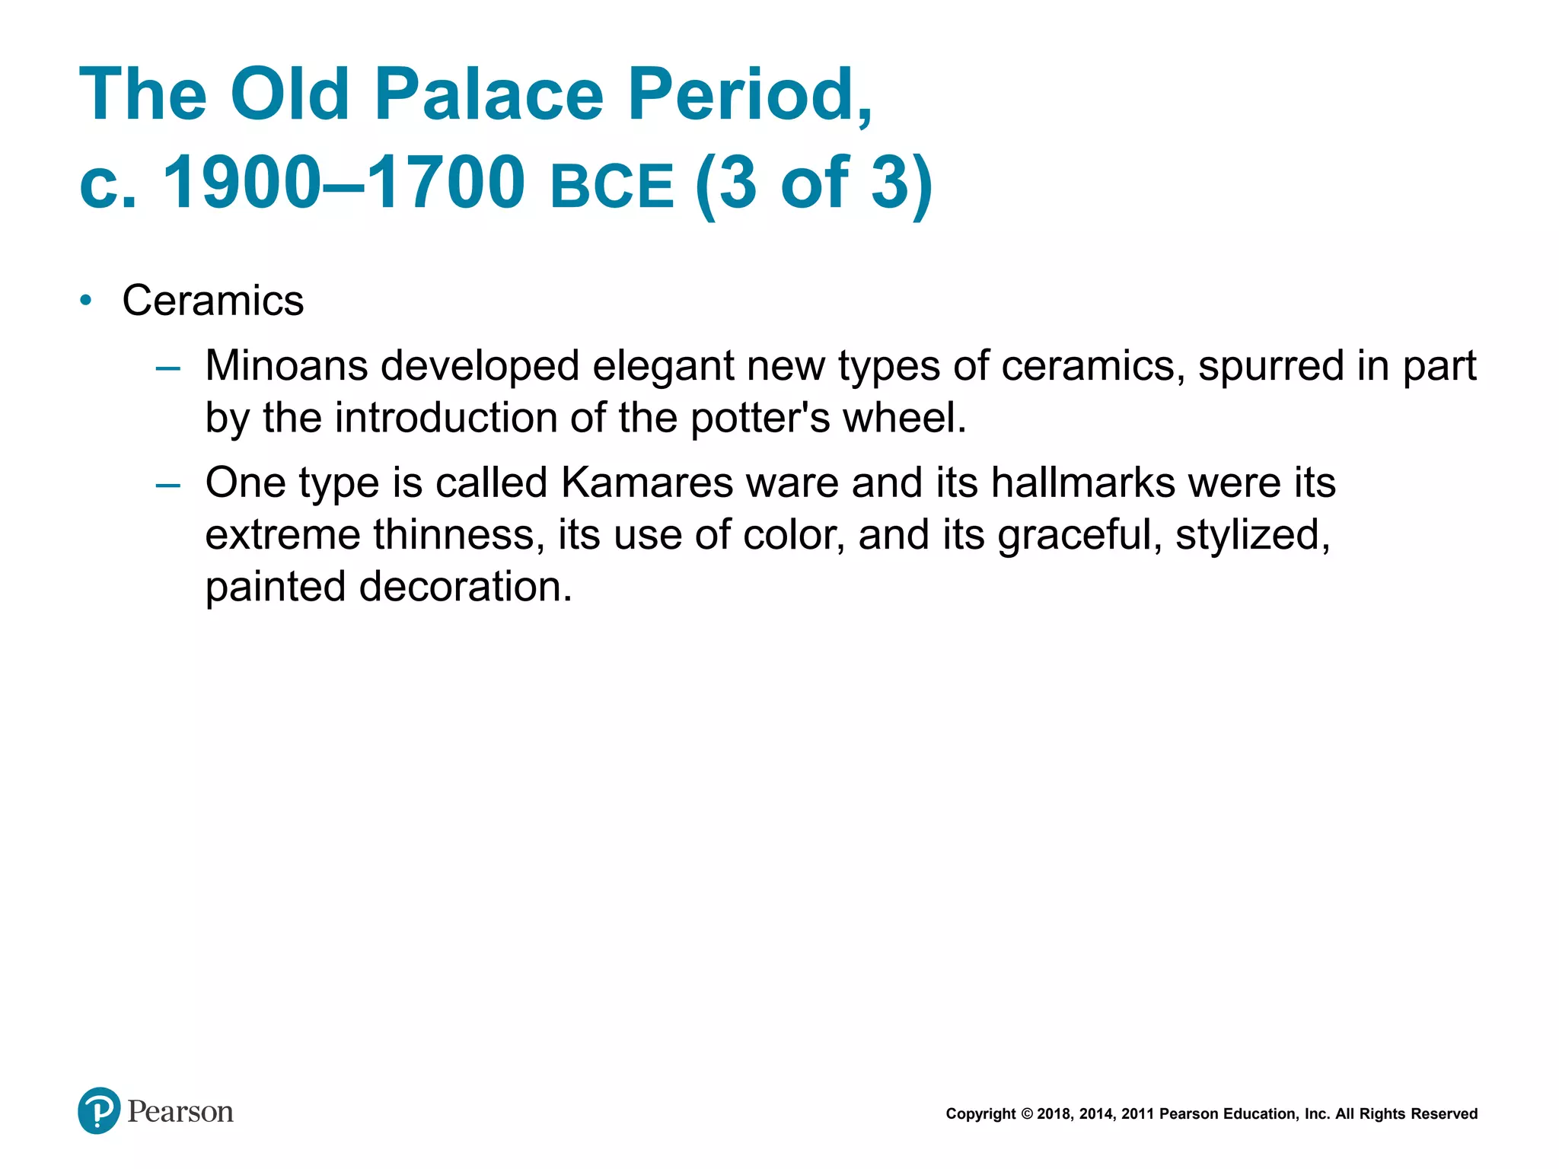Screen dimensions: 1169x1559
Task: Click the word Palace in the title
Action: [x=489, y=94]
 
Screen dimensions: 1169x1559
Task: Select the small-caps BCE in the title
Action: [x=612, y=186]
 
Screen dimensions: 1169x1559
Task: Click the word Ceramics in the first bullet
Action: [x=213, y=301]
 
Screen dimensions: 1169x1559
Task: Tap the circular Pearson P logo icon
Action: [x=99, y=1110]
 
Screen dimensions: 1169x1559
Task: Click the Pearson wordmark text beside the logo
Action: [x=180, y=1112]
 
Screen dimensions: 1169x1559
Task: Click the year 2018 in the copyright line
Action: [x=1054, y=1114]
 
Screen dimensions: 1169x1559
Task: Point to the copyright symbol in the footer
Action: [x=1026, y=1114]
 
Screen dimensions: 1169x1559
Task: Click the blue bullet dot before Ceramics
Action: [x=86, y=301]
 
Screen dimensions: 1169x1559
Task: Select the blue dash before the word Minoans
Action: [x=167, y=369]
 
